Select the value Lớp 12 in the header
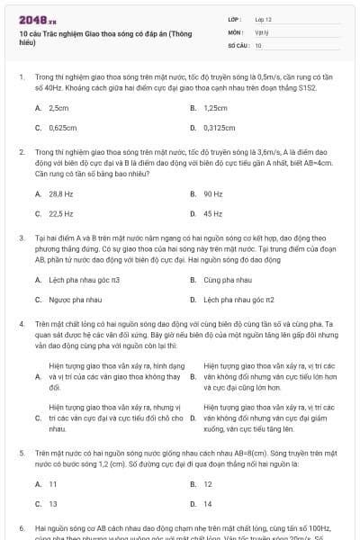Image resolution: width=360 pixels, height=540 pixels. click(264, 18)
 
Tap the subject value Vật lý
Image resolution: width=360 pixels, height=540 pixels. click(260, 31)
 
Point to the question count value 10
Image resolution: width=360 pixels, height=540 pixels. click(258, 44)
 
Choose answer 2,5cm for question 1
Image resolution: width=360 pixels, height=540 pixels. click(59, 107)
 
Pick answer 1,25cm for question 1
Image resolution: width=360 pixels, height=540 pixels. click(215, 107)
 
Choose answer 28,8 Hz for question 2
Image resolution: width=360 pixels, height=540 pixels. click(61, 193)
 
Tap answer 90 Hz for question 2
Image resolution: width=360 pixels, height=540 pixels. click(213, 193)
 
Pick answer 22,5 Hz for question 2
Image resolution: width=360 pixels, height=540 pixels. click(61, 214)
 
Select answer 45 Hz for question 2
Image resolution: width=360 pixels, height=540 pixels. click(213, 214)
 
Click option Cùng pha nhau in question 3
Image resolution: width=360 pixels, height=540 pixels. click(227, 280)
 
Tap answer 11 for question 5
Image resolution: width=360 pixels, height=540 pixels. click(53, 483)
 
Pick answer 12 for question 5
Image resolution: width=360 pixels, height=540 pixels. click(208, 483)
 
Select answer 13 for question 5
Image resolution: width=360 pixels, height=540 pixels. click(53, 504)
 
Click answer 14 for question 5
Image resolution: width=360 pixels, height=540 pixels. click(208, 504)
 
